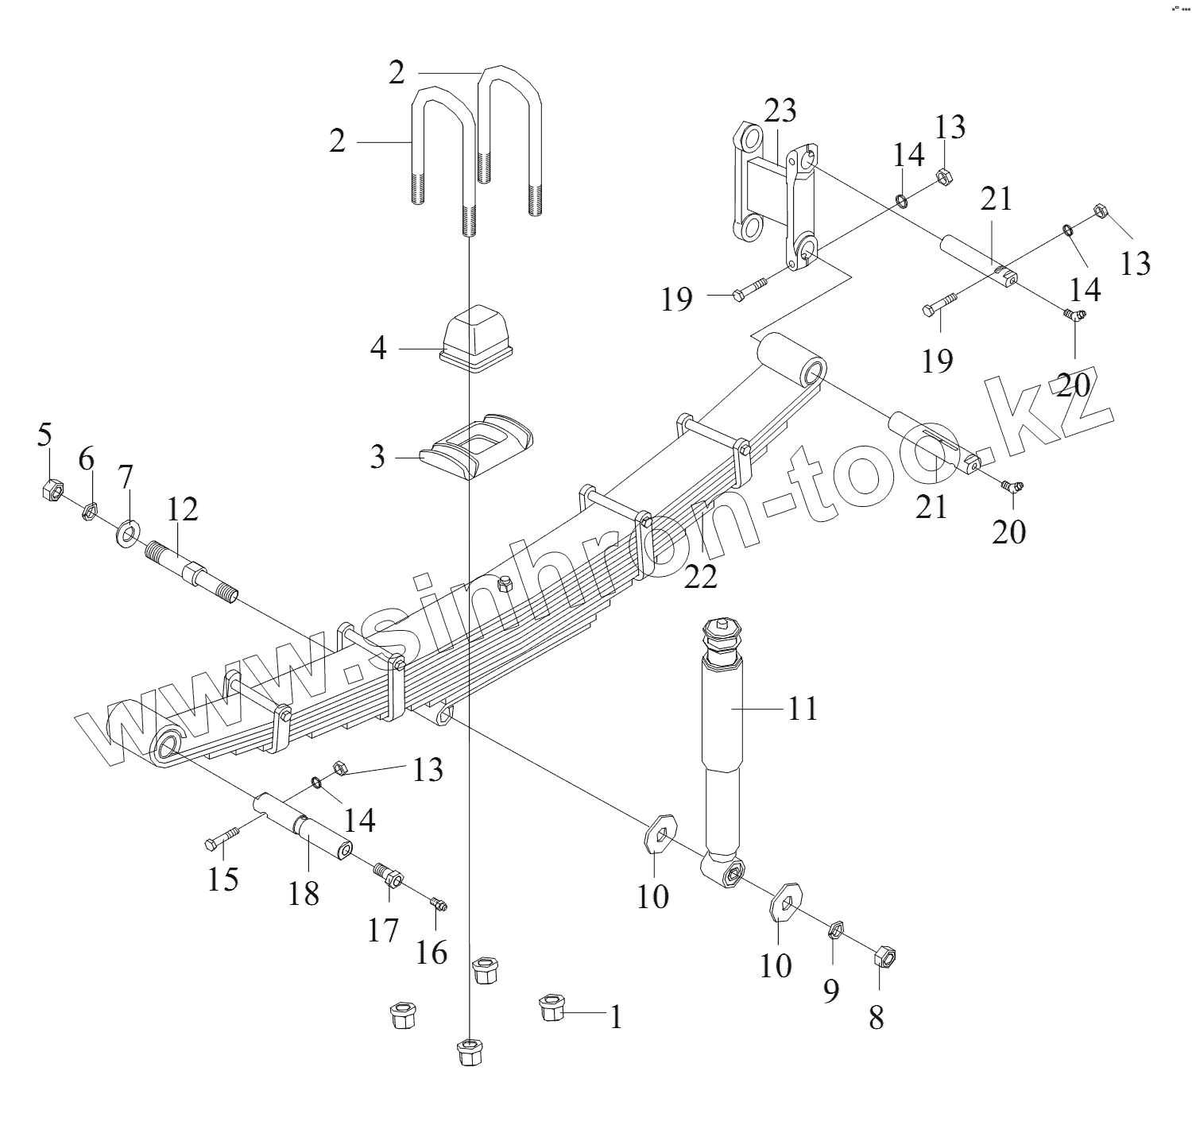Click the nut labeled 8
[x=884, y=957]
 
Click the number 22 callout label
[x=700, y=576]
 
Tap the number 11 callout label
[x=803, y=707]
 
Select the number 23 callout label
[x=780, y=110]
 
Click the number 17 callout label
[x=382, y=929]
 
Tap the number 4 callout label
[x=379, y=347]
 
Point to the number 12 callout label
[x=182, y=509]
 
